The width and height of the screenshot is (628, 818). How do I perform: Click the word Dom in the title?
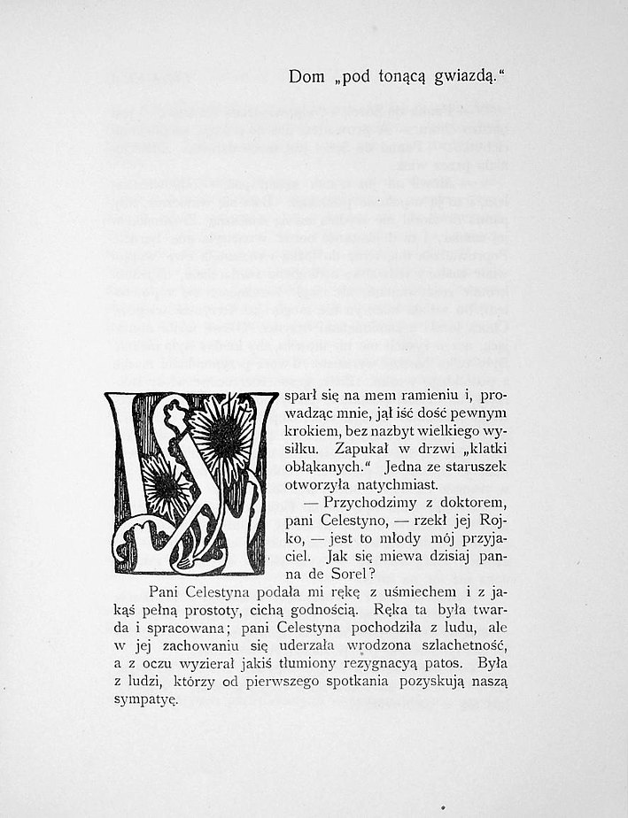click(306, 78)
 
